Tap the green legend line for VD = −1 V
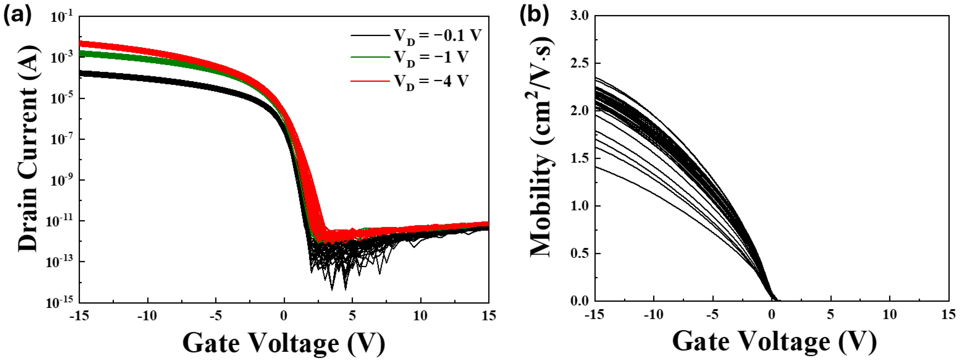tap(370, 57)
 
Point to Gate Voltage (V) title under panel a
tap(284, 343)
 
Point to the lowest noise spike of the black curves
tap(332, 289)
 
